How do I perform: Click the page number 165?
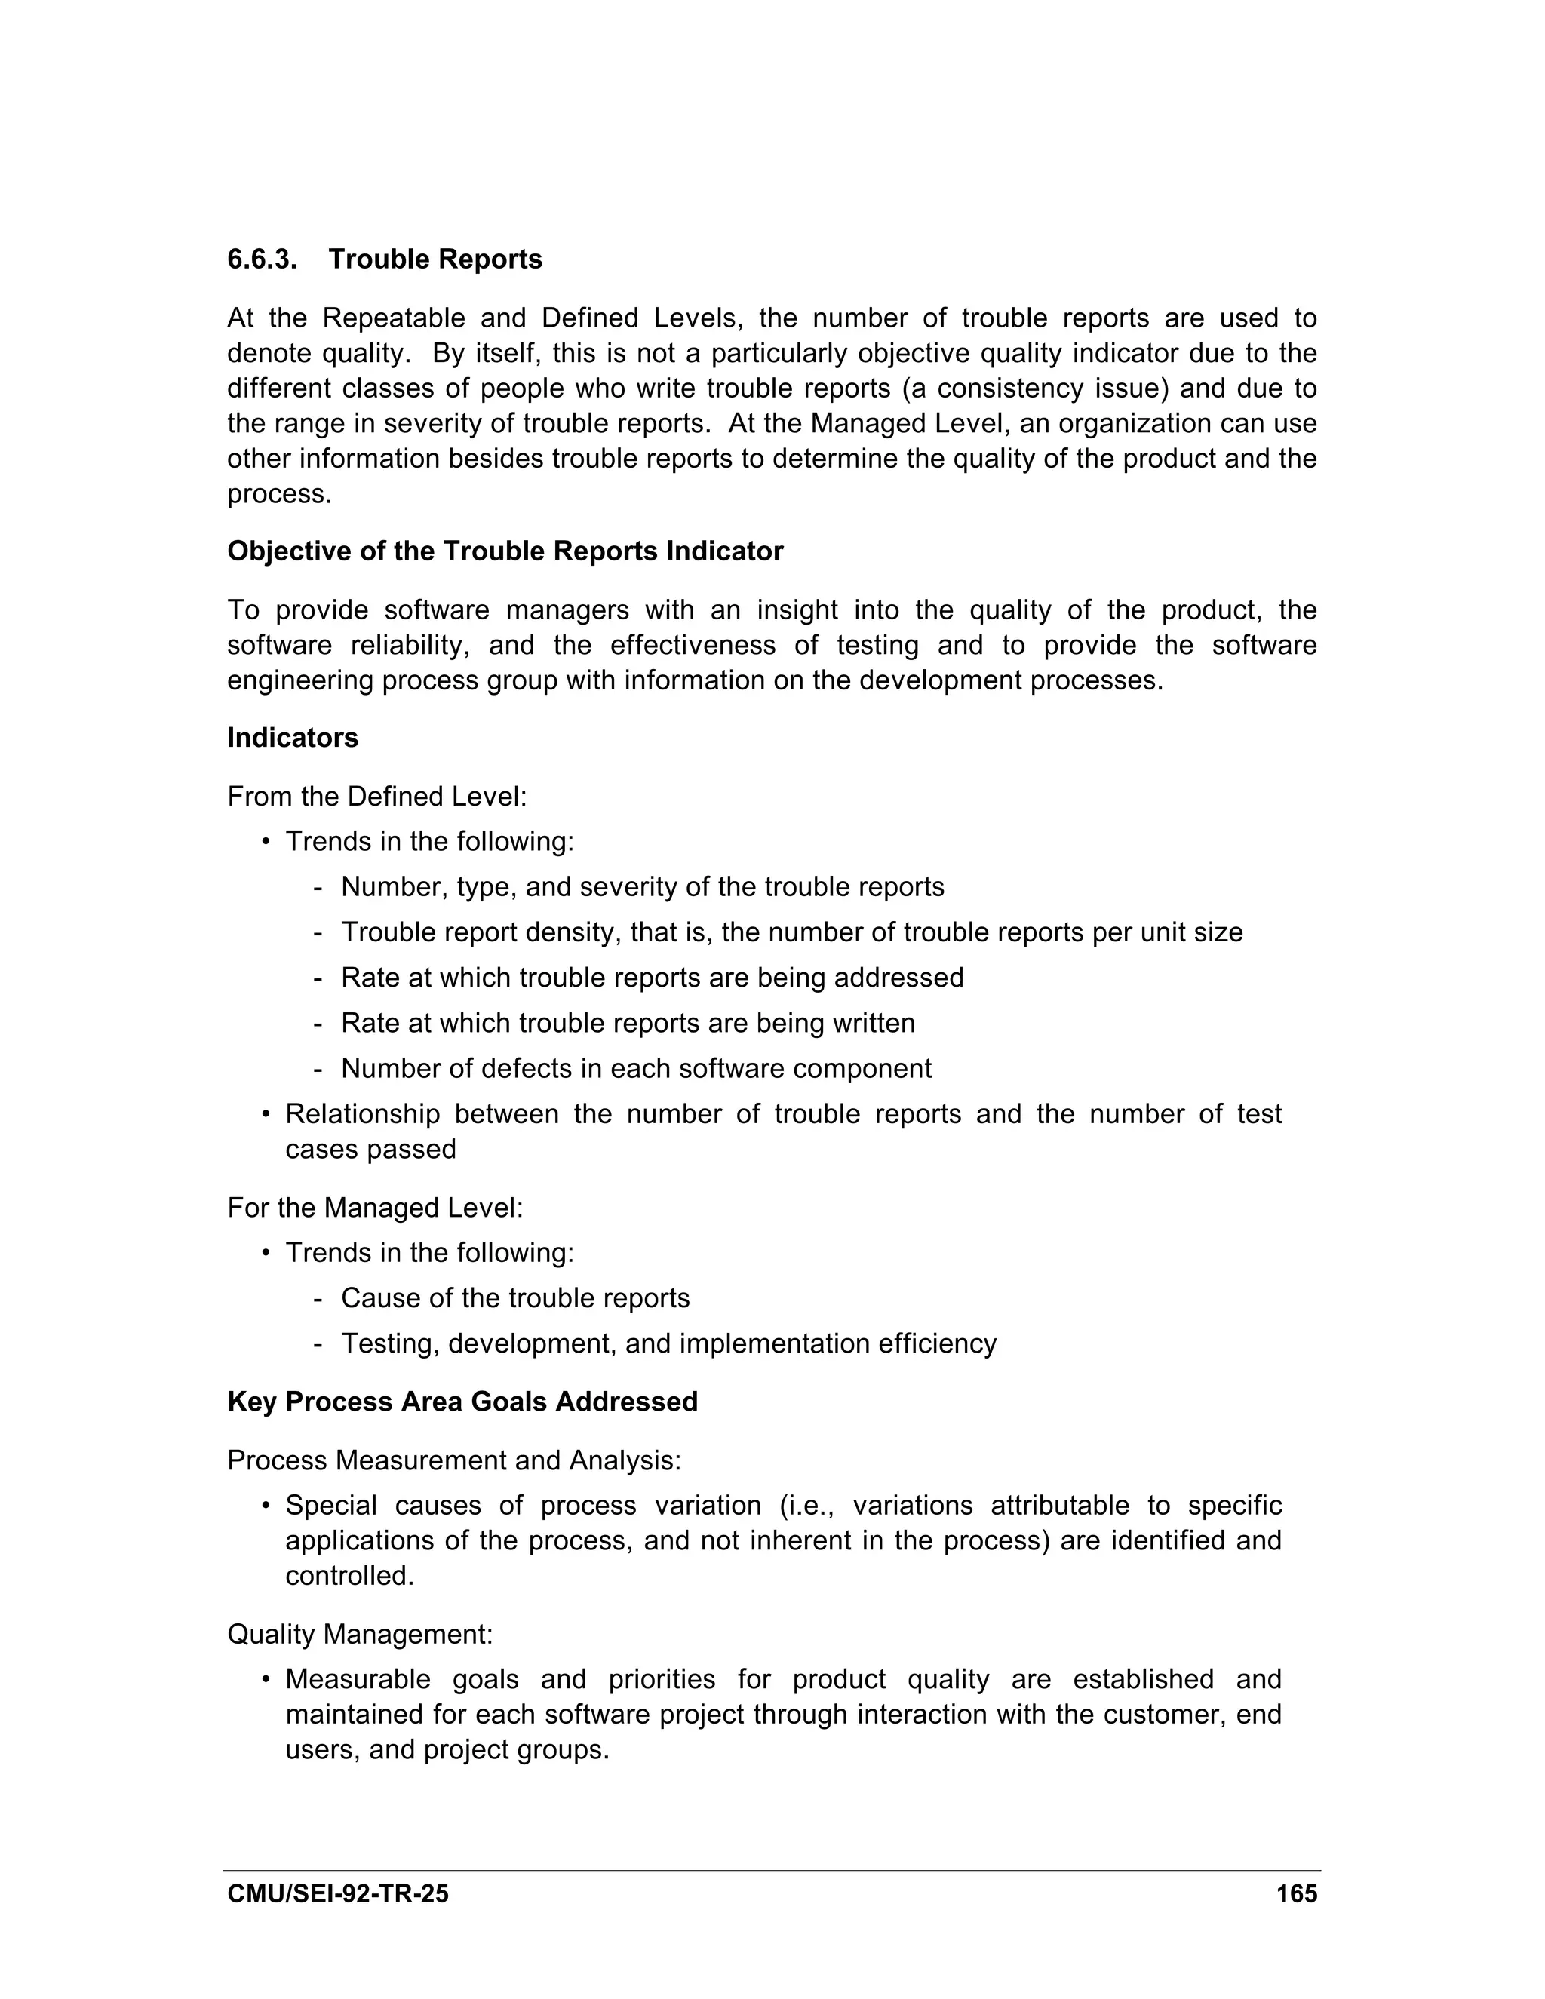point(1296,1893)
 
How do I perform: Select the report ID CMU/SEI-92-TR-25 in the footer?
point(338,1893)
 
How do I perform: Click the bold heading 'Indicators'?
point(292,738)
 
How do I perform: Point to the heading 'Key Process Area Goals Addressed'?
point(462,1402)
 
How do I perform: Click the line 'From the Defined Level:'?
point(376,797)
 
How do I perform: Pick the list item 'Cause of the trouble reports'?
point(515,1298)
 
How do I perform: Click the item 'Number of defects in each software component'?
point(636,1068)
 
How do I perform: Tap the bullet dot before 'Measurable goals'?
point(266,1680)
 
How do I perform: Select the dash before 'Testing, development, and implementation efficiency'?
point(318,1343)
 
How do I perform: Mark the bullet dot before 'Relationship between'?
point(266,1115)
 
